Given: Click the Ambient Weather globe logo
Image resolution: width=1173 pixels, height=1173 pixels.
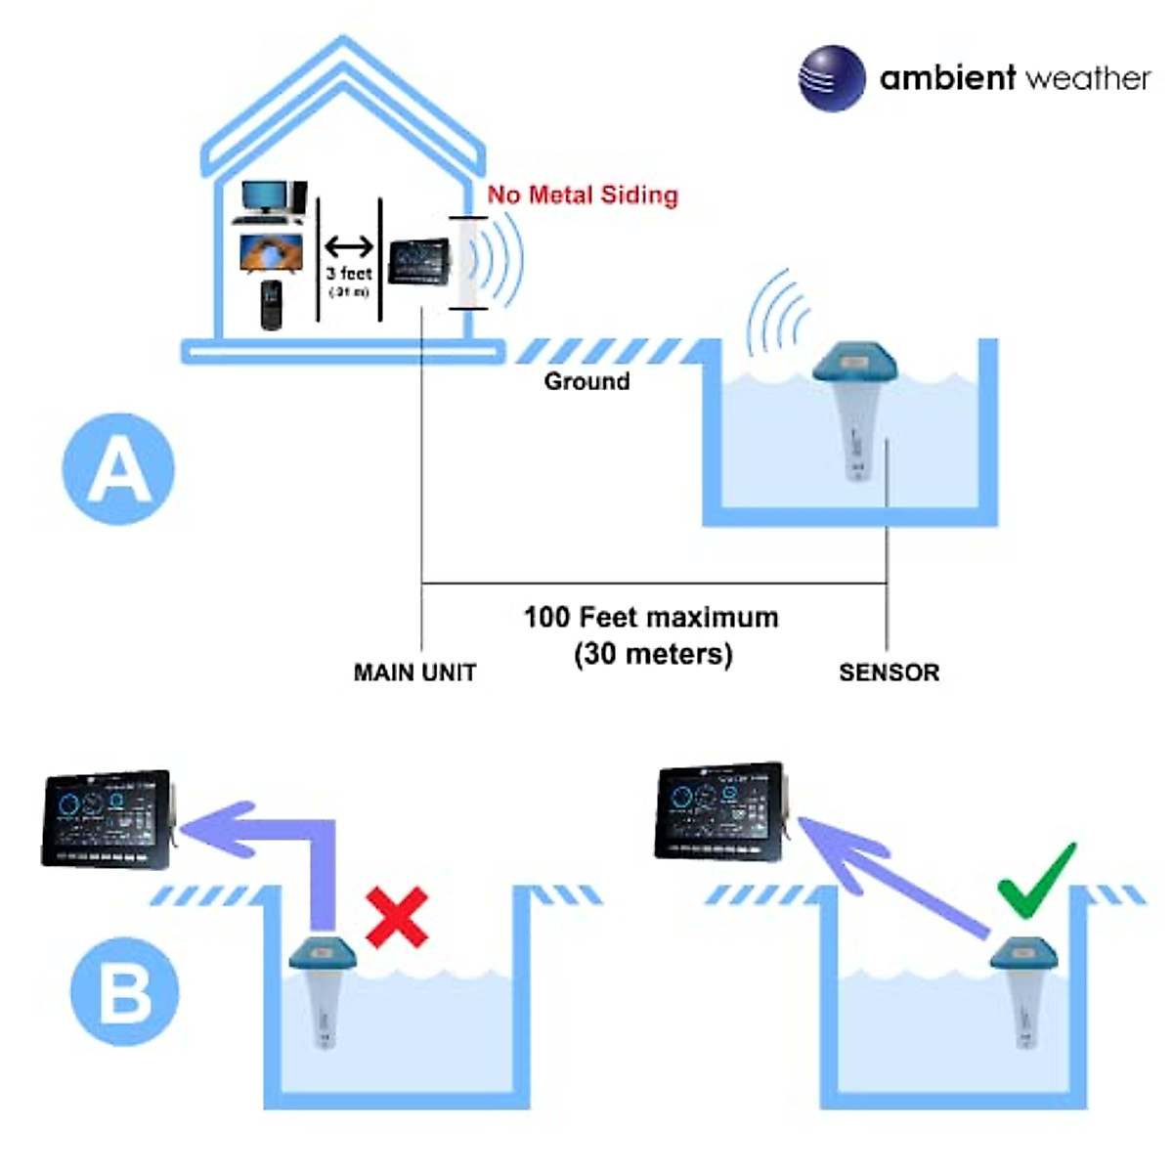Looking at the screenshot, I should pos(832,78).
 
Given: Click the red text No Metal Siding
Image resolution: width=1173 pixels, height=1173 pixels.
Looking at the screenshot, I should pos(583,195).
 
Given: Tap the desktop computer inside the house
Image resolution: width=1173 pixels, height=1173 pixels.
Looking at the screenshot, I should pos(271,201).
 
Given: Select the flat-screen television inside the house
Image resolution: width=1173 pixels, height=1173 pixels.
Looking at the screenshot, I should pos(271,253).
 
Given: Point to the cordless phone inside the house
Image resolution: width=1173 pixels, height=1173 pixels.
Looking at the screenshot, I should pos(271,305).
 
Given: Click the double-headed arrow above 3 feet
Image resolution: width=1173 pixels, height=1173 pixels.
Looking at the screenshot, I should pos(349,247).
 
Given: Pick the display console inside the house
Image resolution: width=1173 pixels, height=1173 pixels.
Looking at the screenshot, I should pos(419,262).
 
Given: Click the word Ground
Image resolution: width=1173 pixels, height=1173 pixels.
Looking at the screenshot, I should pos(586,381).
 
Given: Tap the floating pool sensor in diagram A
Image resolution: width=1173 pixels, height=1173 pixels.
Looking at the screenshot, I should pos(854,406).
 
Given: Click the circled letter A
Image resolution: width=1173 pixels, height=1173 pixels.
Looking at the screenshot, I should pos(118,469).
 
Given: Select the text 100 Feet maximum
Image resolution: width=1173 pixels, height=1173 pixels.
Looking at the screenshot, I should pos(651,618).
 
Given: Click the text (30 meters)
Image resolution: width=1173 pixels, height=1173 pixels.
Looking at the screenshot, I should pos(653,653).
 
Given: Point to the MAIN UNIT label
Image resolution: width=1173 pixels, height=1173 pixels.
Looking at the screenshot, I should pos(414,673).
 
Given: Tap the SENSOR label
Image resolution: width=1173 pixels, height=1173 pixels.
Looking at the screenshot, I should pos(889,673).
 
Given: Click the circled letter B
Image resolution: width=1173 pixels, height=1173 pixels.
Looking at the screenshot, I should pos(124,991).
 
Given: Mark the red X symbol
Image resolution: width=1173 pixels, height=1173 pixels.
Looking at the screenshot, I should pos(397,917).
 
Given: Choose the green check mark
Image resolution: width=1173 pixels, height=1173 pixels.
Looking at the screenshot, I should pos(1036,882).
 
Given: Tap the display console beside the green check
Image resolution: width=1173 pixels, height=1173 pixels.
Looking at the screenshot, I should pos(721,811).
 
